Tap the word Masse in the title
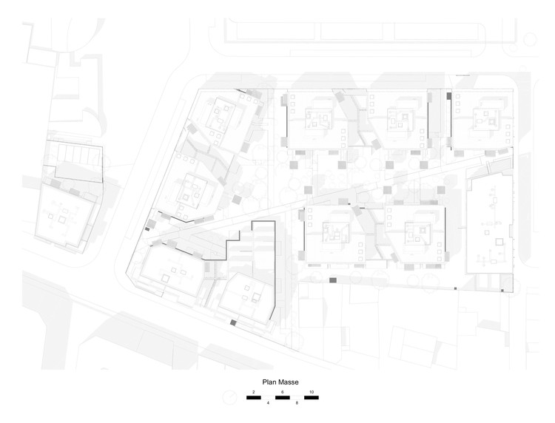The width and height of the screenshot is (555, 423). coord(289,382)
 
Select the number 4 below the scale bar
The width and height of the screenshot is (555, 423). coord(268,404)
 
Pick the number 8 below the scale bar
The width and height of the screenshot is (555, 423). coord(296,404)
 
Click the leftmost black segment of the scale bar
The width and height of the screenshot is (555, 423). coord(254,397)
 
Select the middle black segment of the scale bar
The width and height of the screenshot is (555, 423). coord(282,397)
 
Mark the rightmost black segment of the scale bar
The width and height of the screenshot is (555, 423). coord(311,397)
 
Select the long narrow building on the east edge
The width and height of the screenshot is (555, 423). coord(488,226)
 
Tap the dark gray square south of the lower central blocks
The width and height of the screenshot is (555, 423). coord(332,280)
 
